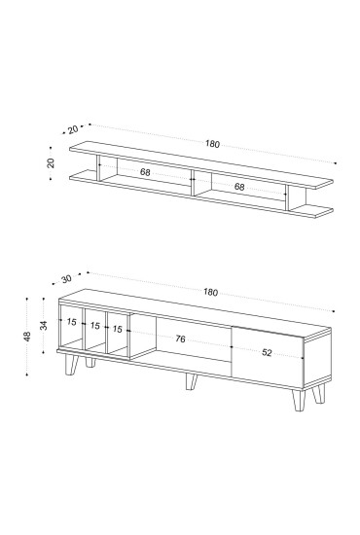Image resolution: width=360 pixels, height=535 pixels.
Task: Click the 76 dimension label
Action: click(x=180, y=339)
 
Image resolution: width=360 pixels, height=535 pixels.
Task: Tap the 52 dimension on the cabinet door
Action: click(x=267, y=352)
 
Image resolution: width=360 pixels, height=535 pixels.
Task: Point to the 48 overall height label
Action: click(x=27, y=337)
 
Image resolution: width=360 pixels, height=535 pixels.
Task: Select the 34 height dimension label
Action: click(x=44, y=326)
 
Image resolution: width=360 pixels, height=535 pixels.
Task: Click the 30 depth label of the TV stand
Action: click(x=66, y=279)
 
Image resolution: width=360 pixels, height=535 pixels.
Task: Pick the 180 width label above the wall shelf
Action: click(x=212, y=144)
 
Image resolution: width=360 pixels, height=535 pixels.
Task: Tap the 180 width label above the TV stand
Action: click(x=210, y=292)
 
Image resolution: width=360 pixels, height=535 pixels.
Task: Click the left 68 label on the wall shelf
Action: click(x=145, y=172)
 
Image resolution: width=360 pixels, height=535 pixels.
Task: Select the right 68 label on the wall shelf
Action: click(x=239, y=187)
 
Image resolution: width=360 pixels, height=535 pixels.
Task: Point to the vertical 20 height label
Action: click(x=51, y=163)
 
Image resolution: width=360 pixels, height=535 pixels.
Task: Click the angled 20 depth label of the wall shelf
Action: click(x=73, y=129)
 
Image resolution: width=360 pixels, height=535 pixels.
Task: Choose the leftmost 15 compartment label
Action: click(x=71, y=322)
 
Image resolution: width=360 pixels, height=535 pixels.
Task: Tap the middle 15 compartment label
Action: click(x=95, y=326)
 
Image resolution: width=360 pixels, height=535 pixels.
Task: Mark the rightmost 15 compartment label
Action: click(x=117, y=329)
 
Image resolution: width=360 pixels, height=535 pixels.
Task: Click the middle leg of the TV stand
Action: click(x=191, y=381)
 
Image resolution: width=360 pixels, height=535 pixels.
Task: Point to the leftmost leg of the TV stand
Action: click(x=72, y=365)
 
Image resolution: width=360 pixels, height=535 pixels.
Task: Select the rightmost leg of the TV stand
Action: click(x=319, y=393)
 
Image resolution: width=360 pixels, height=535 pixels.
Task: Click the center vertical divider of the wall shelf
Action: click(x=193, y=182)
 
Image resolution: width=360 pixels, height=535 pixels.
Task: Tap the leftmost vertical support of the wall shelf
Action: click(x=98, y=168)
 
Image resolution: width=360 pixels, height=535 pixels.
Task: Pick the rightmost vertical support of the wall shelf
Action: click(x=287, y=197)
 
